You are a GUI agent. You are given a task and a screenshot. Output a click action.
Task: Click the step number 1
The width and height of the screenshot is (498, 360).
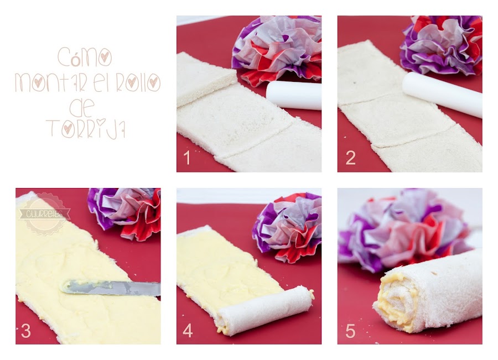[x=187, y=158]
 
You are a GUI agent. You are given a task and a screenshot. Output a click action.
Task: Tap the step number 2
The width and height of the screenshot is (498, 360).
[x=350, y=158]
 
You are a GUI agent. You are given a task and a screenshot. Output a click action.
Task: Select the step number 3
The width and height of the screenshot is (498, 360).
[x=25, y=331]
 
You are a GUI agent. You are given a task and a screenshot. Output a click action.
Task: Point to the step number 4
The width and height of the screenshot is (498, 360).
[x=188, y=331]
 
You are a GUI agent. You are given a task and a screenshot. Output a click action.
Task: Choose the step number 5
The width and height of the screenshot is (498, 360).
[x=350, y=331]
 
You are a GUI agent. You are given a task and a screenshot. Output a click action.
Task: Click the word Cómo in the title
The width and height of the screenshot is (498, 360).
[x=85, y=57]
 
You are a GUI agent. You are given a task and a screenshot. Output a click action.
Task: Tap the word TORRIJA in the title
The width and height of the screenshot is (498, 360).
[x=86, y=128]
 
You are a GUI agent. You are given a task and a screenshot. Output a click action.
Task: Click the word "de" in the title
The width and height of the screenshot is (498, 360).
[x=82, y=107]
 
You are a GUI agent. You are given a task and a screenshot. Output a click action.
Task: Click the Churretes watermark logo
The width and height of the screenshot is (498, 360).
[x=44, y=213]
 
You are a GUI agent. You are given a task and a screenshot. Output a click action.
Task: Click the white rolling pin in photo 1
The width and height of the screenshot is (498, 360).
[x=294, y=95]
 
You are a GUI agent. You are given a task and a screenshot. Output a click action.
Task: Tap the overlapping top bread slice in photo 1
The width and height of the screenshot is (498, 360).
[x=206, y=79]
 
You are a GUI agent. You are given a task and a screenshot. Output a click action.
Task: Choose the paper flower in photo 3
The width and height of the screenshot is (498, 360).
[x=125, y=213]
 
